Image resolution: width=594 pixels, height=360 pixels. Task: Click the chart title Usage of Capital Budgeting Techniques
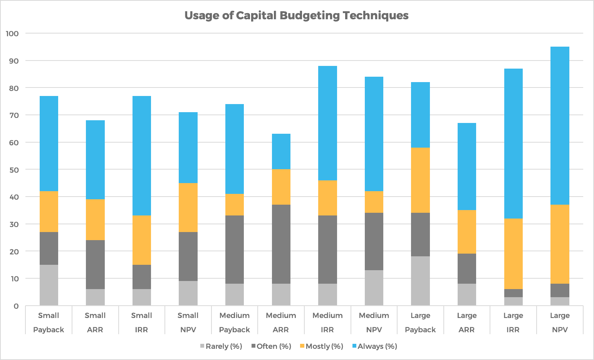click(x=296, y=15)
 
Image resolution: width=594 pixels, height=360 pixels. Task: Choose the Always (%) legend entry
click(x=374, y=346)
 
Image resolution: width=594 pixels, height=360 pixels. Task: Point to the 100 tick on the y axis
click(x=12, y=34)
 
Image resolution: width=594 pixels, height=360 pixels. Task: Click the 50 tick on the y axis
click(x=14, y=170)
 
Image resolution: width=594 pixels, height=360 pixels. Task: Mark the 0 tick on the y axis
click(x=16, y=306)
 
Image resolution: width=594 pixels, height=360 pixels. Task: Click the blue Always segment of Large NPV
click(x=560, y=126)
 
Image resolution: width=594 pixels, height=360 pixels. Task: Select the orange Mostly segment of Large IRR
click(x=513, y=254)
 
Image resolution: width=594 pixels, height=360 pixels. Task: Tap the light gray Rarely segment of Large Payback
click(x=420, y=281)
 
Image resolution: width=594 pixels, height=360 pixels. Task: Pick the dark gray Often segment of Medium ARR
click(x=281, y=244)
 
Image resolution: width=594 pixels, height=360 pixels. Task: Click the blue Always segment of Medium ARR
click(x=281, y=151)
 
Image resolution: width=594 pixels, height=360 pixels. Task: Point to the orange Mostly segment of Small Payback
click(x=49, y=212)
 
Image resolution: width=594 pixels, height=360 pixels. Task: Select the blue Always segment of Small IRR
click(x=141, y=156)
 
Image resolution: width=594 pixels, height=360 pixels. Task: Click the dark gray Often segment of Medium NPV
click(x=374, y=241)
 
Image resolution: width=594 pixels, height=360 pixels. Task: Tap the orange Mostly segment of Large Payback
click(x=420, y=180)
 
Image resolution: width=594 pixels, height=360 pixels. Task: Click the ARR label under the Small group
click(x=95, y=330)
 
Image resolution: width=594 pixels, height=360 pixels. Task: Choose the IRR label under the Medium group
click(x=327, y=330)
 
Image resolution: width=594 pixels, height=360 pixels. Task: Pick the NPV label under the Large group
click(x=560, y=330)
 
